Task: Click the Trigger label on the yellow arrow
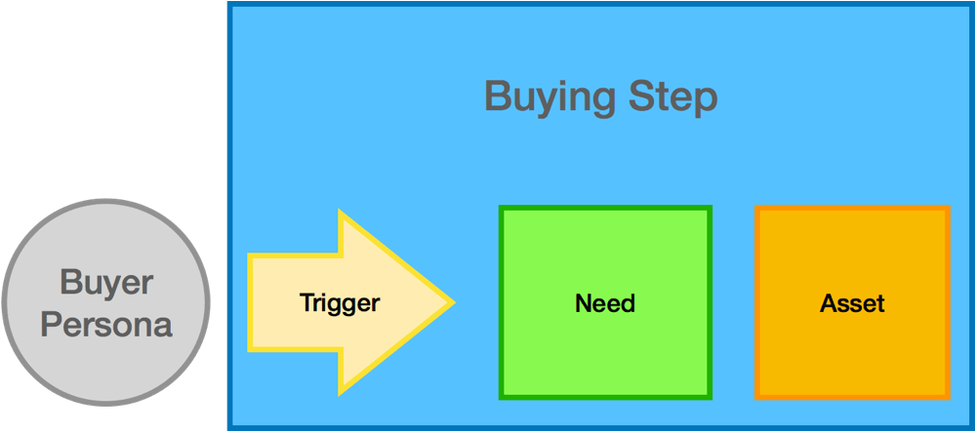point(340,303)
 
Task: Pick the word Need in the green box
point(605,303)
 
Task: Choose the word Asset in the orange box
point(852,303)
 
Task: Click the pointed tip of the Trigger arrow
point(455,302)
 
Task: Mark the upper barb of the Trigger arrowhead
point(341,213)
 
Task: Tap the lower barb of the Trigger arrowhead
point(341,393)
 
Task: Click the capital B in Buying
point(498,98)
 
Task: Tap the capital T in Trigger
point(307,302)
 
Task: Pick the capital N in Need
point(584,303)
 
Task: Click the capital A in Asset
point(829,303)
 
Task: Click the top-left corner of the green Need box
point(501,207)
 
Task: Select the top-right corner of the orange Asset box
point(949,207)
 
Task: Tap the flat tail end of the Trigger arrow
point(250,302)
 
